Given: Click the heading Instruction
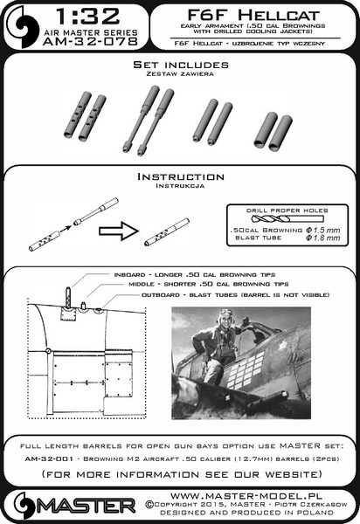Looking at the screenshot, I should pyautogui.click(x=179, y=176).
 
